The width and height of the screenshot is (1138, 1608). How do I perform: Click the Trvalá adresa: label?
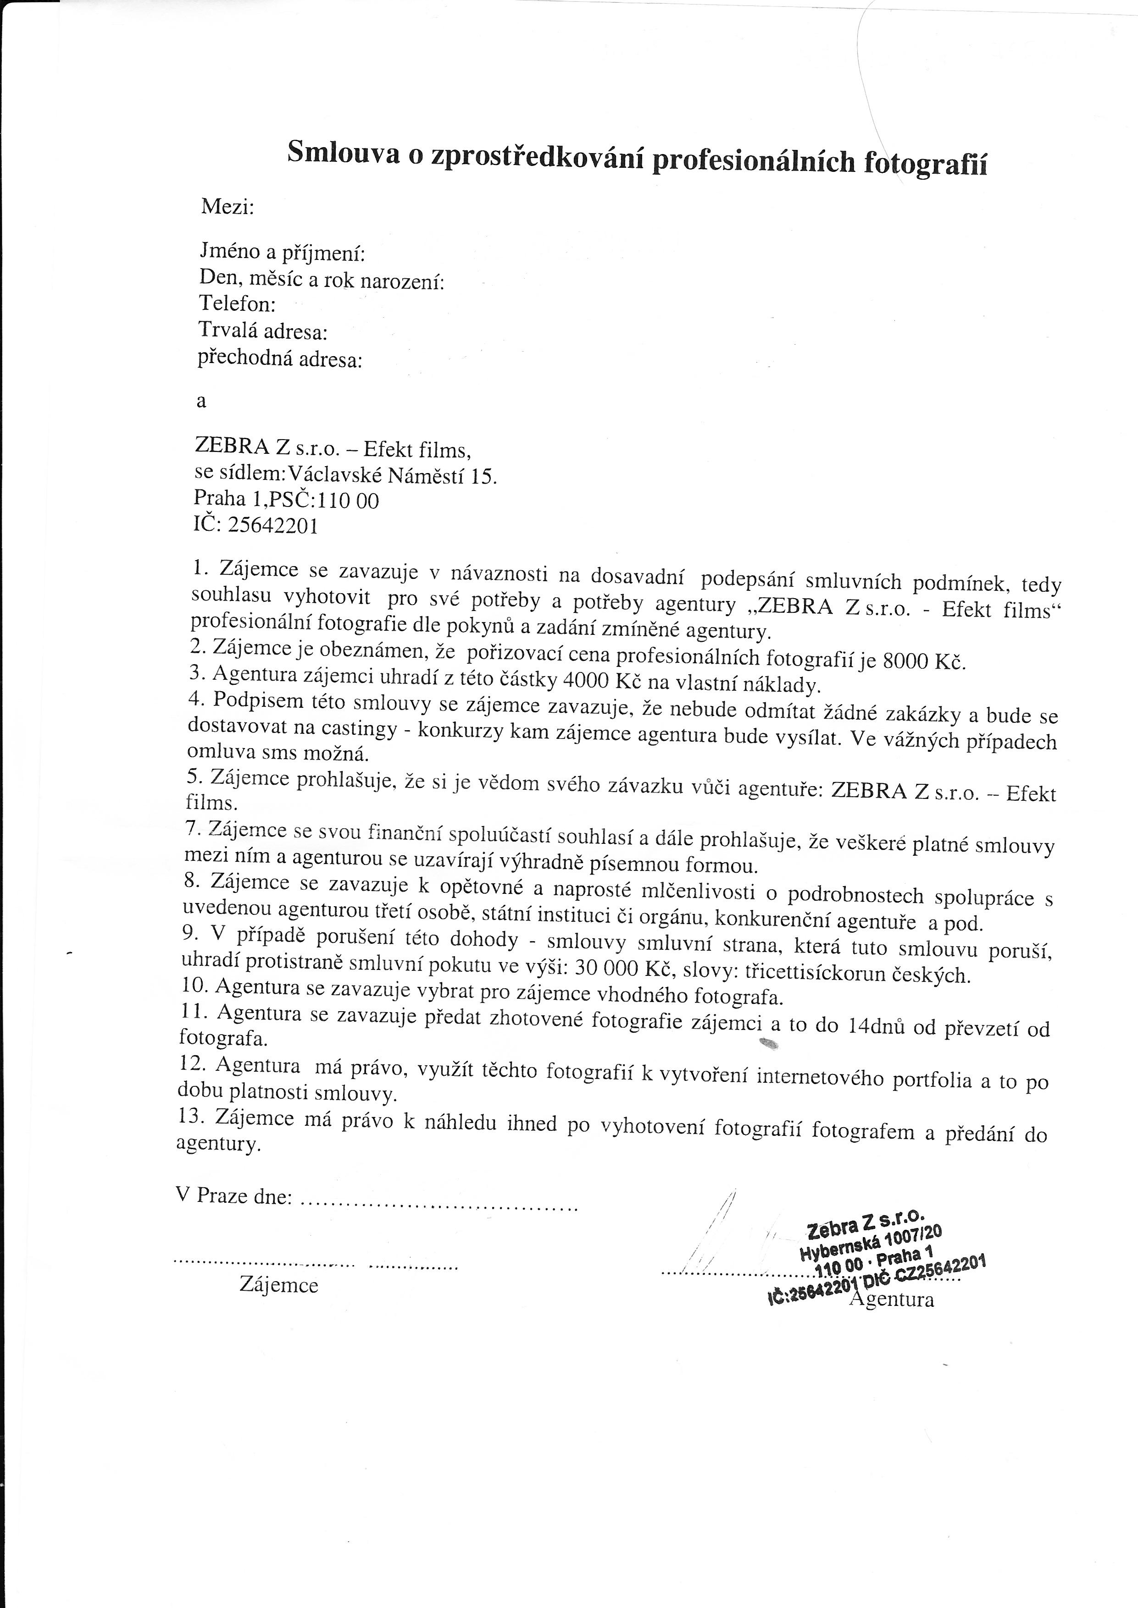(263, 330)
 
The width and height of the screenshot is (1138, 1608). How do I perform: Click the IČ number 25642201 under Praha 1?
(273, 525)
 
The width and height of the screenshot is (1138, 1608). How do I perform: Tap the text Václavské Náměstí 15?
(393, 476)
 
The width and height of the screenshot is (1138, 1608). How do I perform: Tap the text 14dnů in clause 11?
(876, 1026)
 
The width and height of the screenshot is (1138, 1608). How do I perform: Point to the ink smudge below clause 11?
(768, 1044)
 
